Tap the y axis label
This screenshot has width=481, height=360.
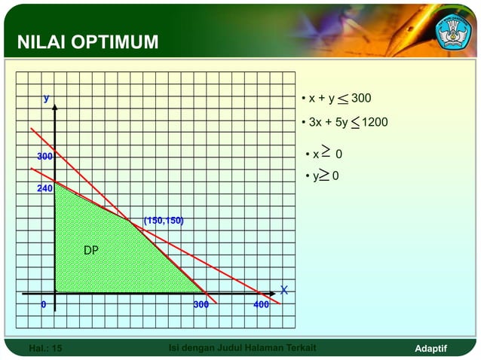46,98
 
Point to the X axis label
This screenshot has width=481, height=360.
283,290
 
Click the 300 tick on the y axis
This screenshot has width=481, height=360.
45,156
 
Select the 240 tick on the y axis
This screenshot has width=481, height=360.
45,189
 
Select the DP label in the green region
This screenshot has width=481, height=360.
90,250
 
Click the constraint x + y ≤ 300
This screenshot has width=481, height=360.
335,99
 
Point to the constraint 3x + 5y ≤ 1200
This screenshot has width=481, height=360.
344,121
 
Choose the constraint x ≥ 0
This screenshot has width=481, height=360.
324,154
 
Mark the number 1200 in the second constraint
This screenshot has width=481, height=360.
375,121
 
